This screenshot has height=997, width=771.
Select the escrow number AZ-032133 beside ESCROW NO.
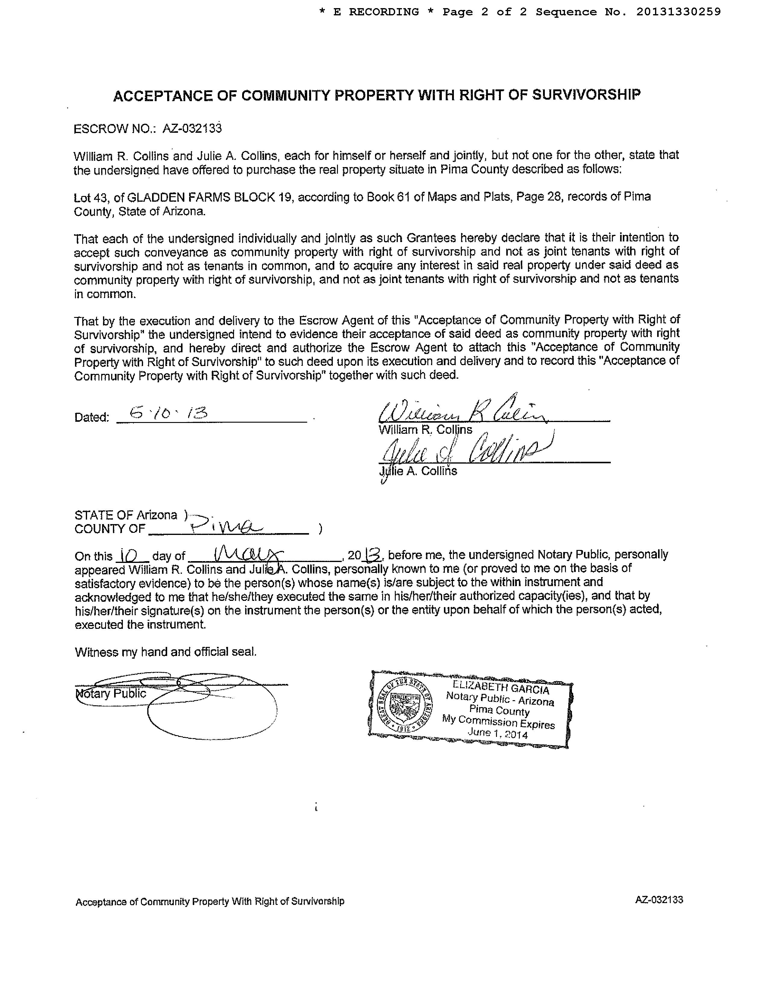192,128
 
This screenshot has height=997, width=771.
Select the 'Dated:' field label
92,417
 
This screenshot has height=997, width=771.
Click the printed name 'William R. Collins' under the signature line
425,430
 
